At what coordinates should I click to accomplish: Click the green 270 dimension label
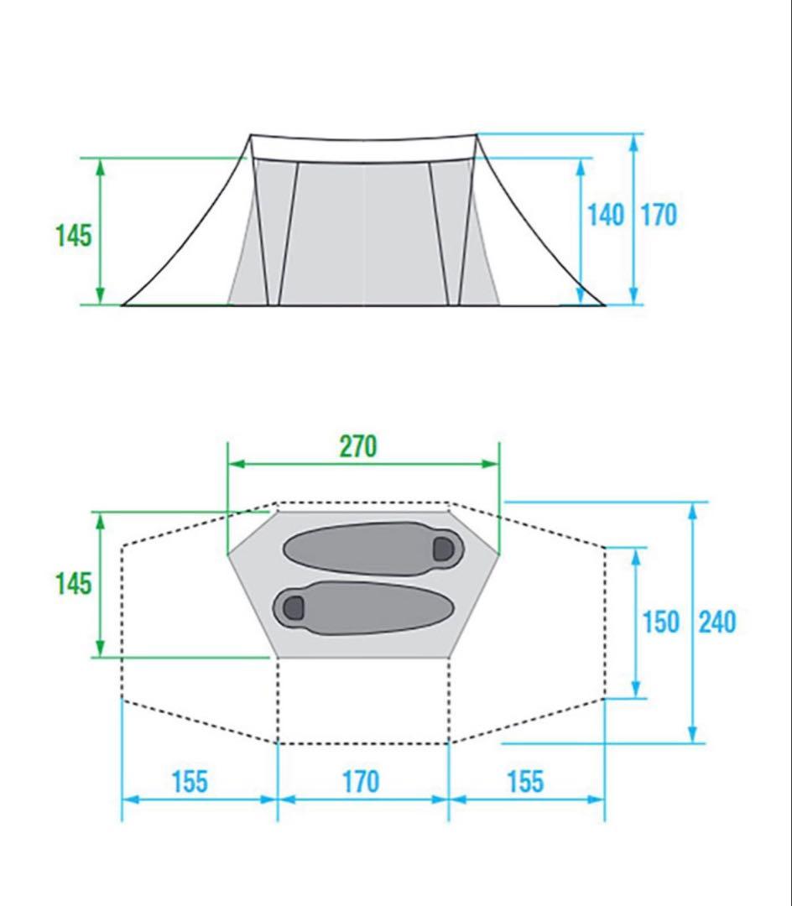(358, 446)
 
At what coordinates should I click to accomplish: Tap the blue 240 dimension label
(717, 622)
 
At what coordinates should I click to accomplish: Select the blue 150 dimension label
(661, 622)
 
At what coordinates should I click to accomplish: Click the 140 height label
(606, 215)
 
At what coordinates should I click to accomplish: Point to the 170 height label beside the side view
(659, 215)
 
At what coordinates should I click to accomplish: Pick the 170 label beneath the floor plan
(361, 782)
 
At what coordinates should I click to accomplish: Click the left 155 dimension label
(190, 782)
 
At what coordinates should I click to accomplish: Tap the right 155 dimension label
(525, 782)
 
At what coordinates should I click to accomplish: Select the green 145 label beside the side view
(73, 235)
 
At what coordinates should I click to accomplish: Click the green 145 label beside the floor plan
(73, 583)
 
